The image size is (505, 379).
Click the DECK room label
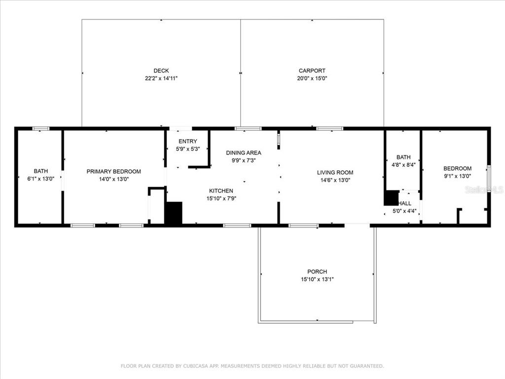pos(161,71)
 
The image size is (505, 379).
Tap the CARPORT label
pos(312,71)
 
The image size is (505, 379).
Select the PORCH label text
pos(317,272)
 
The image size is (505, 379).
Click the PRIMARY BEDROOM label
pos(114,171)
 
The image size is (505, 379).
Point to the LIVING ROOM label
pos(335,172)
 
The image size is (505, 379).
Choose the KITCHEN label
pos(221,191)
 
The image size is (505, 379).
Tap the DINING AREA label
pos(244,153)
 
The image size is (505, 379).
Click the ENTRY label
pos(188,141)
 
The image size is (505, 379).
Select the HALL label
pos(405,203)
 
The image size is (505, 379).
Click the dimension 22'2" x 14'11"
pos(161,78)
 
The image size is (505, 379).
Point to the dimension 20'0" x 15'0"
pos(312,78)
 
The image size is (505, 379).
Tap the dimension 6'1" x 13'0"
pos(41,179)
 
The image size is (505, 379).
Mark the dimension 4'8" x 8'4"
pos(403,165)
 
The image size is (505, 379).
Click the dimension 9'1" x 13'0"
pos(457,176)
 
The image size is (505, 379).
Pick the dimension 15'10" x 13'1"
pos(317,279)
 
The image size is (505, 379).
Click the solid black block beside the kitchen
pos(174,213)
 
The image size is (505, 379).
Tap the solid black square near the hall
pos(391,198)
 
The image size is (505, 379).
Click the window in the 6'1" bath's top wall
pos(41,129)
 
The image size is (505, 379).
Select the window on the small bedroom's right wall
pos(489,179)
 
